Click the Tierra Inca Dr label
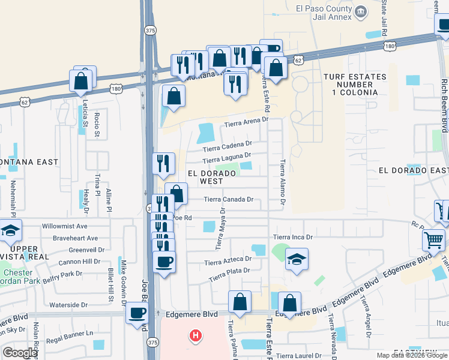[294, 238]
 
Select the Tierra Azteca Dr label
[228, 261]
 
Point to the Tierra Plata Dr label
[229, 275]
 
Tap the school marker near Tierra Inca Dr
[297, 259]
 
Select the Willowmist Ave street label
[65, 227]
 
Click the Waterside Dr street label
[68, 305]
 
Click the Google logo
[20, 353]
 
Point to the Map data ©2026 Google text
[412, 355]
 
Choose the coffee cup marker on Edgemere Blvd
[137, 313]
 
